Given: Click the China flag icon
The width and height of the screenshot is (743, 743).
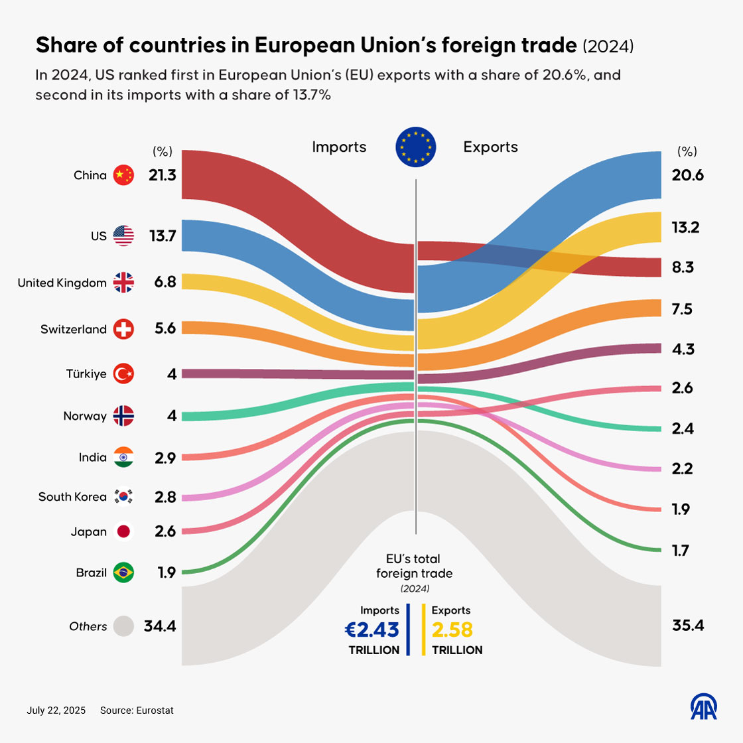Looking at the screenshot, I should pyautogui.click(x=123, y=175).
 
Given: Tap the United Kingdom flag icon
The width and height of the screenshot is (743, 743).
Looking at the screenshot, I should pyautogui.click(x=123, y=283).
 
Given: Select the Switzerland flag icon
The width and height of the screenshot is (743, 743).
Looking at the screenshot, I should pyautogui.click(x=123, y=329).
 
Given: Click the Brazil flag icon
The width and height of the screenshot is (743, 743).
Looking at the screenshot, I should pyautogui.click(x=123, y=572).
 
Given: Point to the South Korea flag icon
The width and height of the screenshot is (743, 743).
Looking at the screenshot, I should pyautogui.click(x=123, y=496).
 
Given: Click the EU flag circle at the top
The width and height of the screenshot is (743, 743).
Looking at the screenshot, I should pyautogui.click(x=416, y=147).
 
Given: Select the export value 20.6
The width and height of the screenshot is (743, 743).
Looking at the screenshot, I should pyautogui.click(x=687, y=175).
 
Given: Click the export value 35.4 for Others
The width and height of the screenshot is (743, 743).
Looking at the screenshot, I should pyautogui.click(x=687, y=626).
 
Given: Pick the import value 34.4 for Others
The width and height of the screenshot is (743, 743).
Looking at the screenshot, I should pyautogui.click(x=159, y=626).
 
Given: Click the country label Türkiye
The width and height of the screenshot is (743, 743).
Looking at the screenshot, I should pyautogui.click(x=86, y=374).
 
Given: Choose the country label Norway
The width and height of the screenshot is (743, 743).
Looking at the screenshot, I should pyautogui.click(x=85, y=416).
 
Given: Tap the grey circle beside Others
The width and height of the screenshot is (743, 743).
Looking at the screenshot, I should pyautogui.click(x=123, y=626).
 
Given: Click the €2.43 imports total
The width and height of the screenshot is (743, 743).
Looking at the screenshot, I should pyautogui.click(x=372, y=629).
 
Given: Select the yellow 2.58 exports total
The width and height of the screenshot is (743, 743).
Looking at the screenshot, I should pyautogui.click(x=452, y=629).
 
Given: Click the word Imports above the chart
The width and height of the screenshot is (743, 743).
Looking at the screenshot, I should pyautogui.click(x=339, y=147).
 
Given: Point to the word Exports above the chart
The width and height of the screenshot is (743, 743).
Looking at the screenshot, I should pyautogui.click(x=490, y=147).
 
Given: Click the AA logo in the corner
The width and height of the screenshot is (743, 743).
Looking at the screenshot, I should pyautogui.click(x=704, y=707).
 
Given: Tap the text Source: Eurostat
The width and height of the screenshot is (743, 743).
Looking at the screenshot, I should pyautogui.click(x=137, y=710).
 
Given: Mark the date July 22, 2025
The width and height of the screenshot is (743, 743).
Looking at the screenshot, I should pyautogui.click(x=56, y=710).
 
